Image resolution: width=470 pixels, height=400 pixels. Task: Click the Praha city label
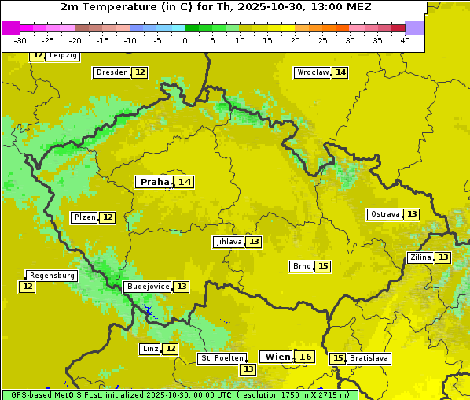coord(154,182)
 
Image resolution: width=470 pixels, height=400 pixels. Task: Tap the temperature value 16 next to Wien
coord(306,357)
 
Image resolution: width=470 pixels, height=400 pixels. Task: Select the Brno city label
coord(301,266)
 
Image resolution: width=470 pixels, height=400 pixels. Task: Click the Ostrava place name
coord(384,214)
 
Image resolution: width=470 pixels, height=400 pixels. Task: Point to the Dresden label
coord(111,72)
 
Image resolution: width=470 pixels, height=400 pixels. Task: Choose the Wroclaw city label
coord(312,72)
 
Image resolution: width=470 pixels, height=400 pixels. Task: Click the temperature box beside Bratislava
coord(338,358)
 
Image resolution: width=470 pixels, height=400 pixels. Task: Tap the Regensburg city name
coord(52,276)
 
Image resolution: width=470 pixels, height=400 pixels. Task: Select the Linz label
coord(149,349)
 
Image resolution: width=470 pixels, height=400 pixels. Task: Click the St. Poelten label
coord(222,358)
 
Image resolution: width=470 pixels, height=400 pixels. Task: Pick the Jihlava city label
coord(228,242)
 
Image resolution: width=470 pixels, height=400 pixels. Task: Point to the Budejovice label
coord(147,287)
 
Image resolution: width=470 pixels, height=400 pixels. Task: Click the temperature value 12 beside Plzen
coord(108,217)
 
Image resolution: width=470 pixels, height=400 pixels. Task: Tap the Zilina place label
coord(420,257)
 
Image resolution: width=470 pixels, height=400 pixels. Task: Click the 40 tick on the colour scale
coord(405,40)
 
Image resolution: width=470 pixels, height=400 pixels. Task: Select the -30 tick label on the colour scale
coord(20,40)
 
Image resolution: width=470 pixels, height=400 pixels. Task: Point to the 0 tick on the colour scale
coord(185,40)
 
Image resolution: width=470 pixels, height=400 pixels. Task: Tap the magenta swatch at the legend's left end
coord(10,28)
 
